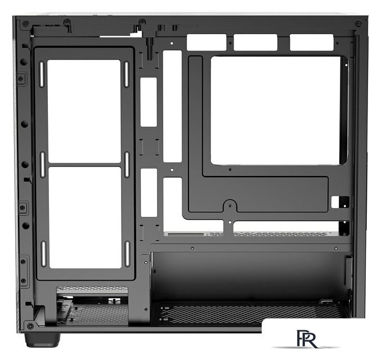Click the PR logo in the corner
(x=307, y=339)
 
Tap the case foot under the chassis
(x=42, y=340)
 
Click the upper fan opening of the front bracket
(x=84, y=111)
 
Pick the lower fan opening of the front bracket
(x=85, y=218)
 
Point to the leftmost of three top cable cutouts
(x=207, y=42)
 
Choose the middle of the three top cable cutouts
(x=256, y=42)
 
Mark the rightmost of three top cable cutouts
(x=312, y=42)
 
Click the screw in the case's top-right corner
(x=358, y=24)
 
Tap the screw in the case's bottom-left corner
(x=30, y=326)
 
